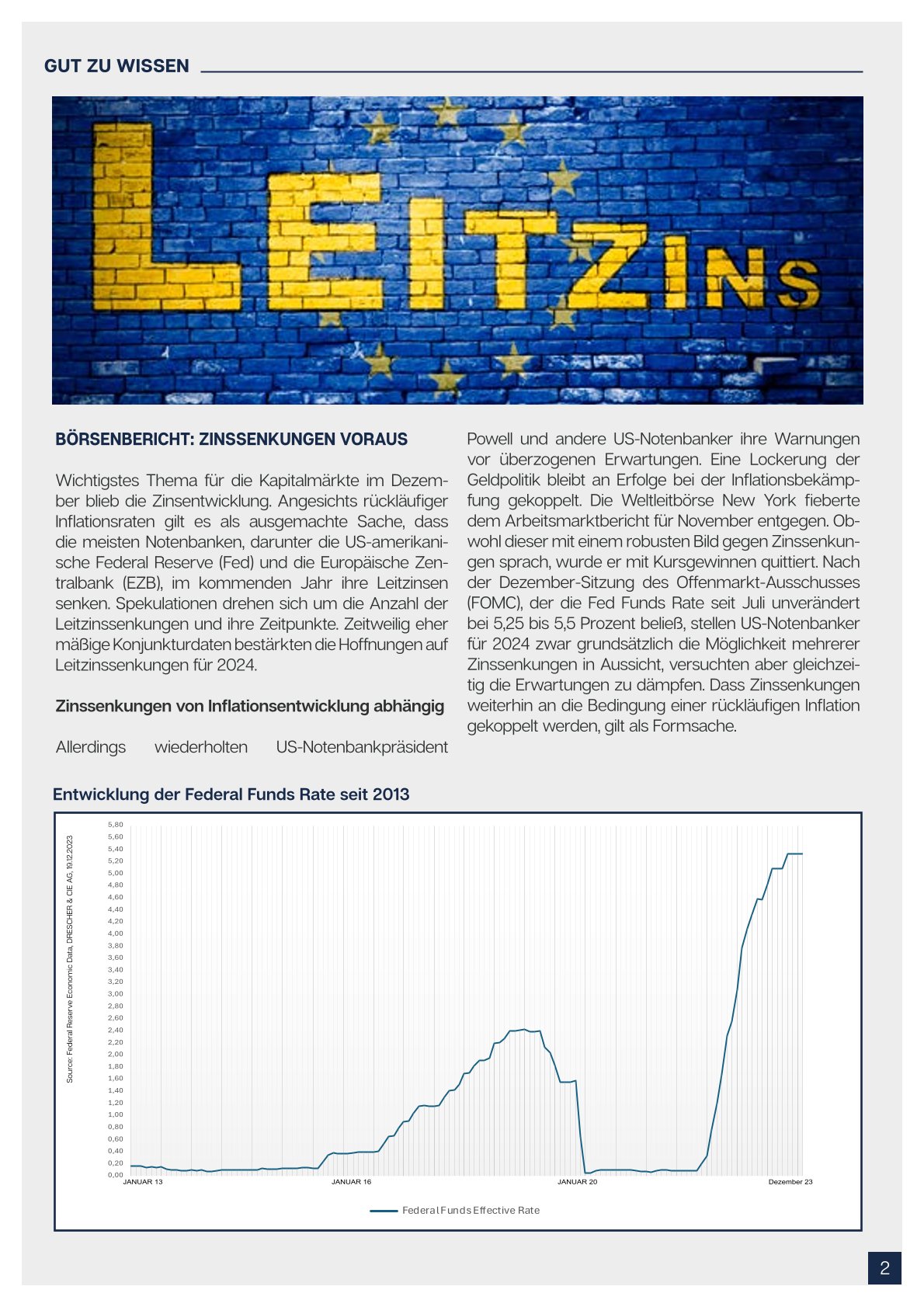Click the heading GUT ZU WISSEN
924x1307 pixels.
pos(116,66)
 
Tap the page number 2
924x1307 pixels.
pos(884,1268)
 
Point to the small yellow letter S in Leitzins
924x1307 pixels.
pos(799,283)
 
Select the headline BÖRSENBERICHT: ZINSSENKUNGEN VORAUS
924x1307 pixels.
pos(231,440)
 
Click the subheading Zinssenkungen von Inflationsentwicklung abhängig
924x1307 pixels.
pos(249,706)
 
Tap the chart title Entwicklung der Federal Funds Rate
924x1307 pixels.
pos(231,794)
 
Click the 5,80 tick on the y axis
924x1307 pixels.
pos(116,825)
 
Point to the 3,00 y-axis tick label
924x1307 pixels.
pos(116,994)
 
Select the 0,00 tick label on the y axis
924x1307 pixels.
pos(116,1175)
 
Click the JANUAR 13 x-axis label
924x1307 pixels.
pos(143,1182)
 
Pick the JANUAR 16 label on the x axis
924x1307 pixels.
pos(351,1182)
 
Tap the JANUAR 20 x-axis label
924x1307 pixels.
pos(578,1182)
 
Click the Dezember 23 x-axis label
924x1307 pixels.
pos(790,1182)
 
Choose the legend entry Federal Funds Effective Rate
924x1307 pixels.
pos(470,1210)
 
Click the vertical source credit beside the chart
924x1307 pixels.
pos(70,959)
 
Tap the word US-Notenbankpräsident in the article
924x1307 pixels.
pos(362,747)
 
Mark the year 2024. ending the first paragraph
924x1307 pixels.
pos(237,666)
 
